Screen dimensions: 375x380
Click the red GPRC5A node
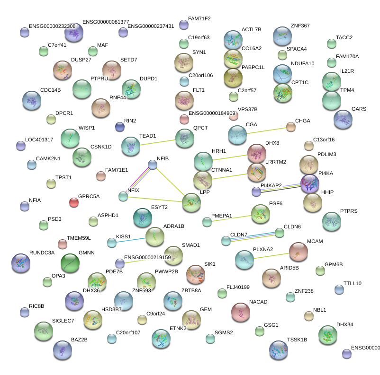73,202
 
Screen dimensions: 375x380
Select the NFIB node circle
153,165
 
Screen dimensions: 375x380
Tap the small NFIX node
123,196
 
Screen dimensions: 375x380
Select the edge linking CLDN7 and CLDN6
253,236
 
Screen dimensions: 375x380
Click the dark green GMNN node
70,263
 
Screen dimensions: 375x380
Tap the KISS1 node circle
111,243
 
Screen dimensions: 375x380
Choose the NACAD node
241,312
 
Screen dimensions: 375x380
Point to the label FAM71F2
199,19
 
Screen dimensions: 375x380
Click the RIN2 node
120,127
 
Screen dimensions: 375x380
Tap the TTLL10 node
338,289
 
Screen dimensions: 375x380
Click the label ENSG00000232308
52,26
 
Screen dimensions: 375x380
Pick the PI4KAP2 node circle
256,192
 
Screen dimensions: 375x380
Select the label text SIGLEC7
63,321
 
